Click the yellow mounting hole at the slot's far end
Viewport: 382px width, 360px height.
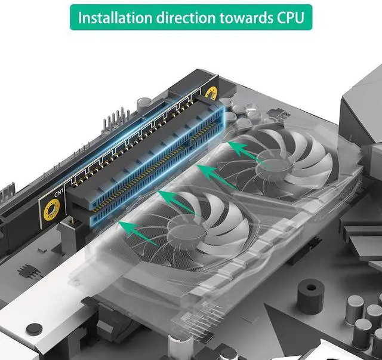pos(211,93)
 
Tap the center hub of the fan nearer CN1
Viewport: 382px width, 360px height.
pos(185,229)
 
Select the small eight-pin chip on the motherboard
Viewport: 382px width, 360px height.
pos(27,271)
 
